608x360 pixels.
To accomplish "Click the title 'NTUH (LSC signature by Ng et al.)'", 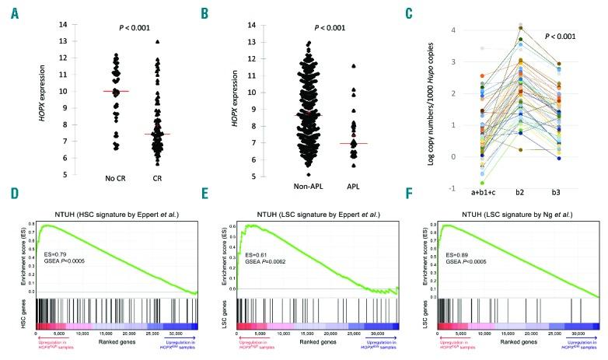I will tap(513, 213).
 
